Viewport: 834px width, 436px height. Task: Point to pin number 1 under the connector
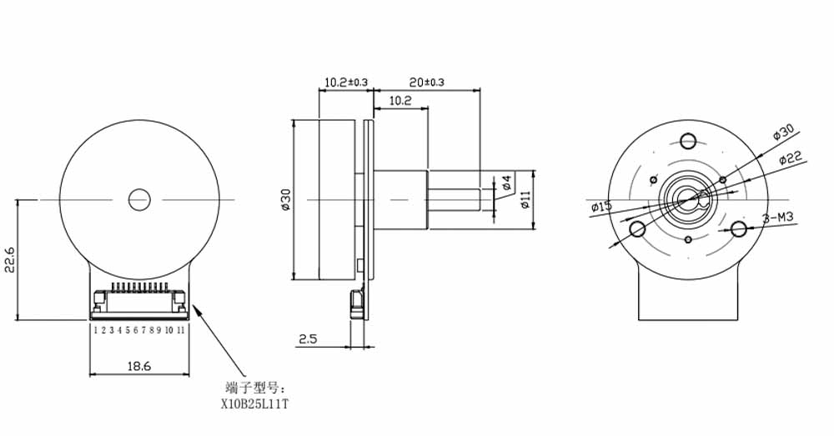pos(95,331)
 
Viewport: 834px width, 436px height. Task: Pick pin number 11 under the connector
pos(180,331)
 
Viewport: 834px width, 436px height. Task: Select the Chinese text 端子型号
pos(254,388)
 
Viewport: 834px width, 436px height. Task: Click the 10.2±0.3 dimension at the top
pos(345,82)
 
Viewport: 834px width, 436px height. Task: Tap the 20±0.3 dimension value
pos(427,82)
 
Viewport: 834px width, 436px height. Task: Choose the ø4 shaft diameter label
pos(507,182)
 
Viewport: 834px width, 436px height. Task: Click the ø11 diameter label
pos(525,199)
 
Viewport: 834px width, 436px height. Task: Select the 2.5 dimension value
pos(308,338)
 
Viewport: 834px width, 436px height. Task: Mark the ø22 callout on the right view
pos(790,158)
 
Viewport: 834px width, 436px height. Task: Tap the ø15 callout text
pos(600,206)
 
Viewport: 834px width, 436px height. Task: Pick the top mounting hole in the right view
pos(689,139)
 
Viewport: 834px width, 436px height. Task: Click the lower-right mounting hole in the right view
pos(739,228)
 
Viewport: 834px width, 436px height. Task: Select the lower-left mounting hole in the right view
pos(637,228)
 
